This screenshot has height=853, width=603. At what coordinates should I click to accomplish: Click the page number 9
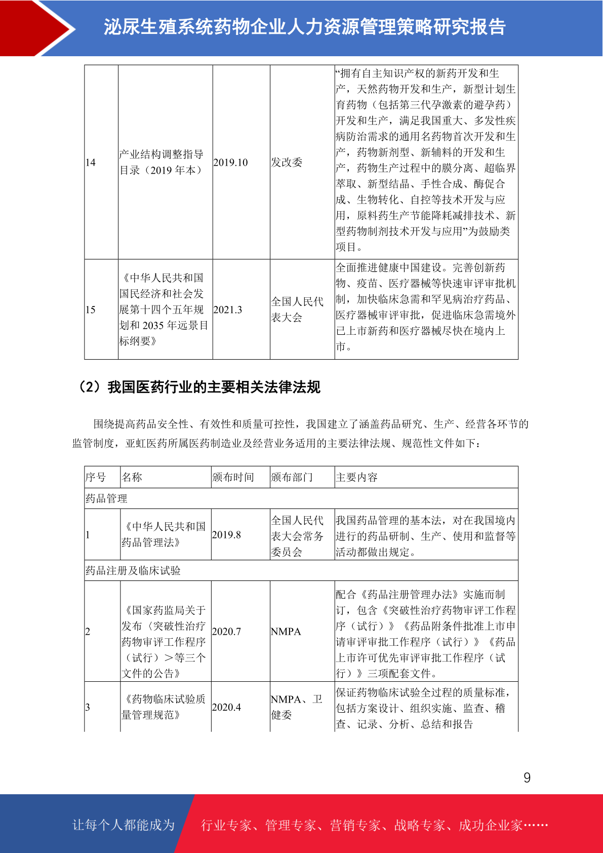[x=527, y=778]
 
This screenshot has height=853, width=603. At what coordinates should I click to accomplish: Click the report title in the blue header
[x=304, y=27]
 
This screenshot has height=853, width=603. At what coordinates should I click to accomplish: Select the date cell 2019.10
[x=231, y=163]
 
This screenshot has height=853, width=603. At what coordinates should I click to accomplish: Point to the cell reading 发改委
[x=287, y=163]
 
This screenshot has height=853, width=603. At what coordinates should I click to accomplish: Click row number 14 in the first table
[x=91, y=163]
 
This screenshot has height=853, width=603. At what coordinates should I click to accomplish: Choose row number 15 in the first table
[x=91, y=309]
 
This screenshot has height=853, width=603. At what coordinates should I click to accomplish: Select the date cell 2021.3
[x=228, y=309]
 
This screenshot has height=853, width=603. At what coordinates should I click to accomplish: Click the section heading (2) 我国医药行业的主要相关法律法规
[x=198, y=387]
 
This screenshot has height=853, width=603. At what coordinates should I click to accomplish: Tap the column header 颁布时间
[x=233, y=477]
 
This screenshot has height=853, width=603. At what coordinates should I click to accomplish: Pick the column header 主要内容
[x=356, y=477]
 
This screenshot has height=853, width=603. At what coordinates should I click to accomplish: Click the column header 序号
[x=96, y=477]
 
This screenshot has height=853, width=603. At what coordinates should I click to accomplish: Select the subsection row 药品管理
[x=106, y=498]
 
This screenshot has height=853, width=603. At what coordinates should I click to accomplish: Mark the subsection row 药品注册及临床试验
[x=133, y=570]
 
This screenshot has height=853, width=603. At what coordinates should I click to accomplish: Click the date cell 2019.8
[x=226, y=535]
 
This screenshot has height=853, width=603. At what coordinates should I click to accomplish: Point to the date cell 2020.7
[x=226, y=632]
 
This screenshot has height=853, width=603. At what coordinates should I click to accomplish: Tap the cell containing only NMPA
[x=286, y=632]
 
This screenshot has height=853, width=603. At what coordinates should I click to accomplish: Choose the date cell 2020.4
[x=226, y=707]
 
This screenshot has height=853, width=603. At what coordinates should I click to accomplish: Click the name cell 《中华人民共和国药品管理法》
[x=164, y=534]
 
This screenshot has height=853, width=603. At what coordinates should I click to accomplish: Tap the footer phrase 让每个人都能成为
[x=124, y=825]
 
